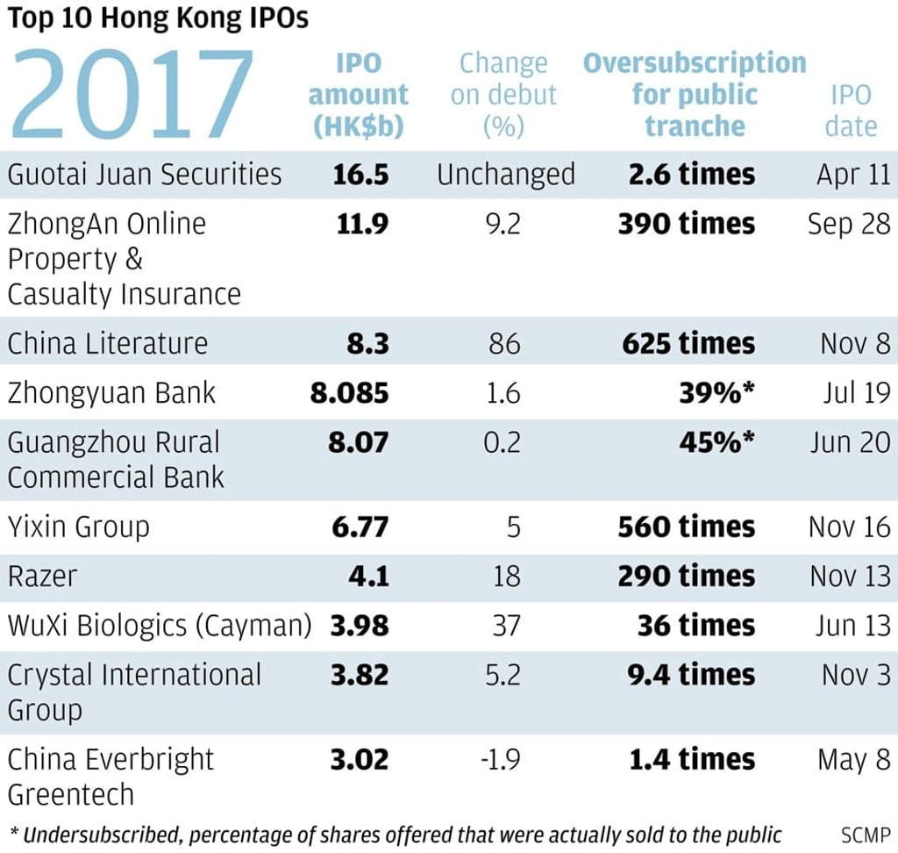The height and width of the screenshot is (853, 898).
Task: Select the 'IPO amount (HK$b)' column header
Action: [x=359, y=95]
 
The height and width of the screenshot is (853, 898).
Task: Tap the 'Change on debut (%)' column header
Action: [x=503, y=95]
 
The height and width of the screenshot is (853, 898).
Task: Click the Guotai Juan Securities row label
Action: [x=145, y=174]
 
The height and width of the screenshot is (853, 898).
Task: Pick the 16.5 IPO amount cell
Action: [x=360, y=174]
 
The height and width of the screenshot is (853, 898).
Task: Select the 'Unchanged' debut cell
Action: [x=506, y=174]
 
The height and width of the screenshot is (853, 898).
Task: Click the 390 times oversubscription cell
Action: [x=686, y=224]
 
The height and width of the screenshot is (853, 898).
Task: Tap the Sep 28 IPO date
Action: [x=848, y=224]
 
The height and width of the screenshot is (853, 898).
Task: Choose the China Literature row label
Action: [x=108, y=342]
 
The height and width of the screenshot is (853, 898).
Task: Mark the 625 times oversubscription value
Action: [x=688, y=342]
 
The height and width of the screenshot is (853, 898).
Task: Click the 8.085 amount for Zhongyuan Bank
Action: [x=349, y=391]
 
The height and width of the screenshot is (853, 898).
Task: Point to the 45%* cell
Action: [x=716, y=441]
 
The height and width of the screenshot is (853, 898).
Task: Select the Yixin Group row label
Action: [x=79, y=527]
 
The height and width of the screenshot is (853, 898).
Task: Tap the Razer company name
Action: [x=42, y=576]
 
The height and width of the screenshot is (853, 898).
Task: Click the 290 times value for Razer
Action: [x=686, y=576]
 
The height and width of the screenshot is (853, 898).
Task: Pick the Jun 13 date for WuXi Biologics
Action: [x=850, y=625]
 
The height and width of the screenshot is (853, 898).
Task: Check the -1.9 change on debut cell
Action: [x=502, y=759]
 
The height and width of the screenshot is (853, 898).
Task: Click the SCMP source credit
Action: [x=865, y=834]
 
